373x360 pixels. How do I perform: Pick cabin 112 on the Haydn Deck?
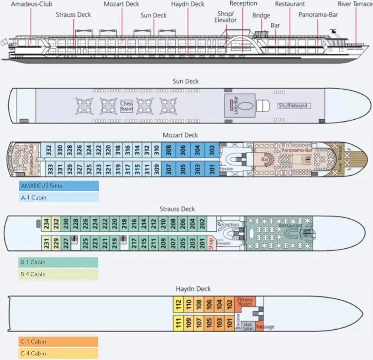tap(178, 304)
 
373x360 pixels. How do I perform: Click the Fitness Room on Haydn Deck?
tap(245, 301)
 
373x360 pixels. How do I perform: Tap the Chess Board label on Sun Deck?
tap(127, 106)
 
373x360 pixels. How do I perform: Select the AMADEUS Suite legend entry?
tap(59, 186)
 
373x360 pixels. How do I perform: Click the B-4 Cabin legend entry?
tap(58, 274)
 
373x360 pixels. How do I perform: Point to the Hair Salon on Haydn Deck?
tap(248, 327)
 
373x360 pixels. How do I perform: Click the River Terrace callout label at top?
tap(355, 4)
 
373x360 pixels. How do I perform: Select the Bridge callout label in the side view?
tap(261, 16)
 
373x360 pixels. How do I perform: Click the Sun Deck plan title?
tap(186, 81)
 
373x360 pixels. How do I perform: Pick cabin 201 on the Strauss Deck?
tap(202, 243)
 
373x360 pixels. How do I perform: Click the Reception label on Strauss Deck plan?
tap(228, 225)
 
